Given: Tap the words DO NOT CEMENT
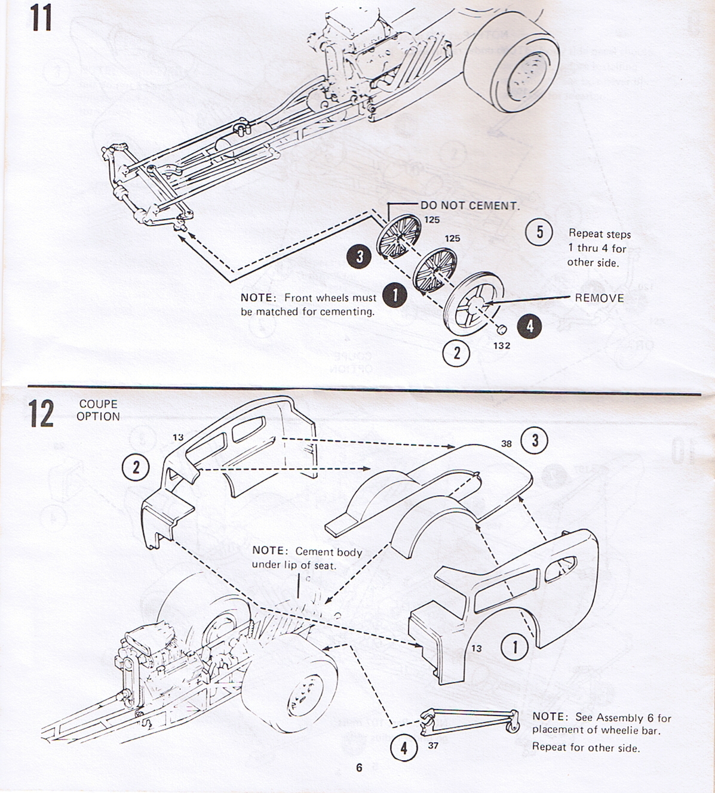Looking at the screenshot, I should (469, 205).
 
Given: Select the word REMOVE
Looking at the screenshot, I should (599, 298).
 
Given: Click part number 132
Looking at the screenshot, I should (502, 345).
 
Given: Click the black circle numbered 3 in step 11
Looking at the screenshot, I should (360, 257).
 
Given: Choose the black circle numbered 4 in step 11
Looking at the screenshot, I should (529, 326).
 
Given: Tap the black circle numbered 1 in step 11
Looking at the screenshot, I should (394, 294).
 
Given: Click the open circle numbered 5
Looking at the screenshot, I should (539, 232).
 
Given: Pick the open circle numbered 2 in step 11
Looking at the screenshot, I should (457, 353).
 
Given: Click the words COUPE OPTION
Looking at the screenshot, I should (98, 411).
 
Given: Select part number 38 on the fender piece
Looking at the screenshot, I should (507, 443).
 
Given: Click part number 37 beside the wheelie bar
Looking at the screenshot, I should (433, 745).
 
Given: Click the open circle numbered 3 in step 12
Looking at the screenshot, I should (535, 440).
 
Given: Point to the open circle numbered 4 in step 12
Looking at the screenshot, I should (404, 748).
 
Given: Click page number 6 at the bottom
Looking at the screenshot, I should (359, 767).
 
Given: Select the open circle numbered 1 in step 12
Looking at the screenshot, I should (515, 647).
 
